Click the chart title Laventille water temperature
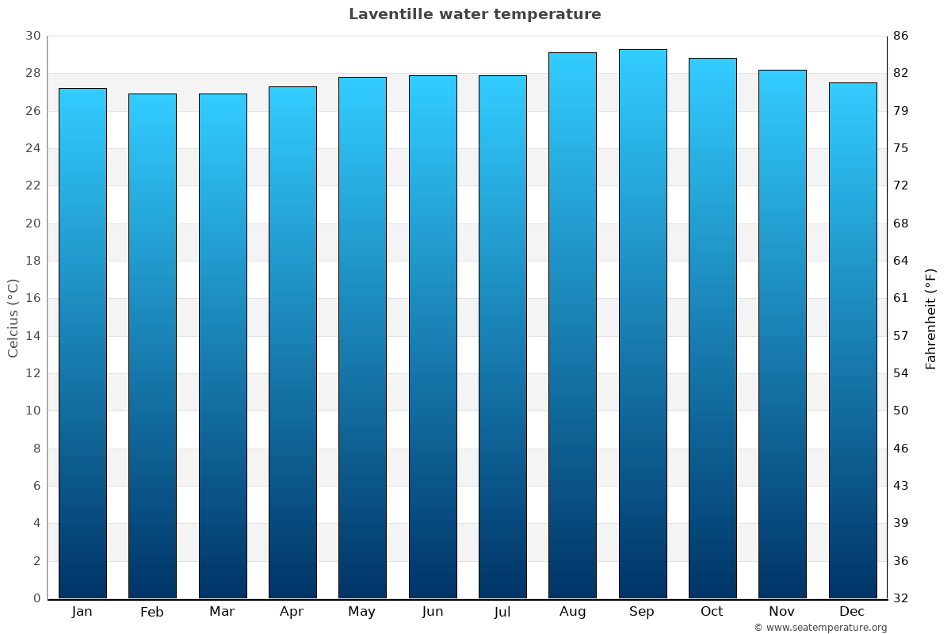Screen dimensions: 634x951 point(475,14)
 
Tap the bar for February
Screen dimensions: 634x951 point(152,346)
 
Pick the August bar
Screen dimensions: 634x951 point(572,325)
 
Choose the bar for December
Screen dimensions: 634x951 point(853,340)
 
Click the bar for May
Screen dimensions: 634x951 point(362,338)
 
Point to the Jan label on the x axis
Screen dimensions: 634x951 point(82,612)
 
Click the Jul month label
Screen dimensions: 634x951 point(502,612)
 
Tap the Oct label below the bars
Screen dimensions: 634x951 point(712,612)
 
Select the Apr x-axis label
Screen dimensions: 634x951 point(292,612)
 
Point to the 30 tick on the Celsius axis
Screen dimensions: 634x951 point(32,36)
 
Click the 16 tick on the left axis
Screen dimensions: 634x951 point(32,299)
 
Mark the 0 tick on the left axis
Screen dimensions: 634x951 point(36,598)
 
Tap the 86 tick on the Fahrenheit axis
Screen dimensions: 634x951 point(901,36)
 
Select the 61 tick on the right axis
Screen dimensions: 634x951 point(901,299)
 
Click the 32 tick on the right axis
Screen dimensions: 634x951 point(901,598)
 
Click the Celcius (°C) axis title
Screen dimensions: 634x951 point(13,318)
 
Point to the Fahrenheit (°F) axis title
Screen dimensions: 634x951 point(930,318)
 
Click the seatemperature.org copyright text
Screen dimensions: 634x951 point(820,628)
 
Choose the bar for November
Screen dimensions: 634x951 point(782,334)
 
